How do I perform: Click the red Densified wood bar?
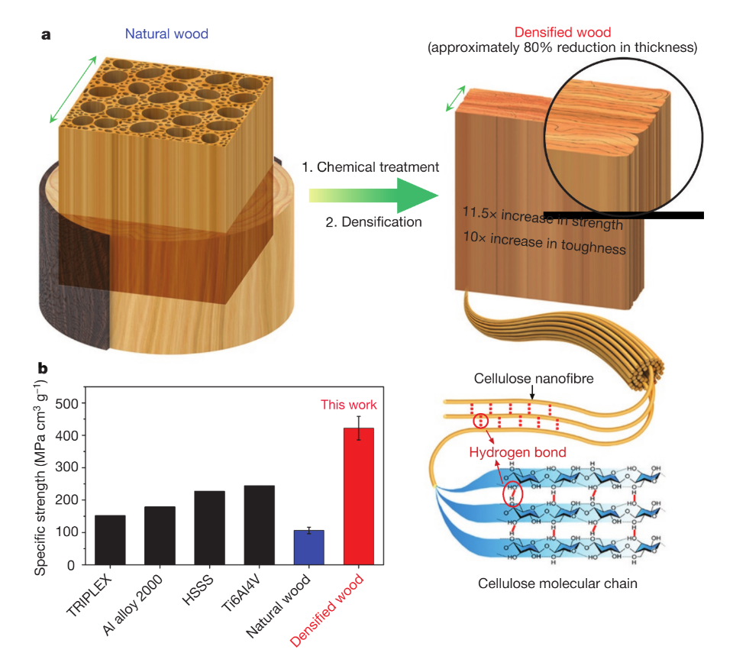coord(359,496)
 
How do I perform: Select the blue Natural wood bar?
coord(309,548)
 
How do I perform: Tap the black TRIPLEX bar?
coord(110,540)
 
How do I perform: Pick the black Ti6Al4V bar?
coord(260,525)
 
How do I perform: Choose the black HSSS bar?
coord(209,528)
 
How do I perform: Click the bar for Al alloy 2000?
coord(160,536)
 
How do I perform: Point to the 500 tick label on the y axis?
coord(67,403)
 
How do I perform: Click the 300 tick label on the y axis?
coord(67,467)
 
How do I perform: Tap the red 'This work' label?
coord(348,405)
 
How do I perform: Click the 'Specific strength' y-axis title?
coord(41,478)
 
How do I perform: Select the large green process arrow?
coord(373,196)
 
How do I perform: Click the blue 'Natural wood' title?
coord(166,34)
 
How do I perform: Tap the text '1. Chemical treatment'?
coord(370,167)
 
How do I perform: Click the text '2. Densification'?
coord(373,221)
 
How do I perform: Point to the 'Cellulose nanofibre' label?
coord(534,378)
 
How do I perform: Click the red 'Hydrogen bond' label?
coord(518,452)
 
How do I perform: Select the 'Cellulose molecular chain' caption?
coord(557,583)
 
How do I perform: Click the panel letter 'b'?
coord(43,368)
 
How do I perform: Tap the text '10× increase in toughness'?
coord(544,243)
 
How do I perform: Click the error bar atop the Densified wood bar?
coord(359,428)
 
